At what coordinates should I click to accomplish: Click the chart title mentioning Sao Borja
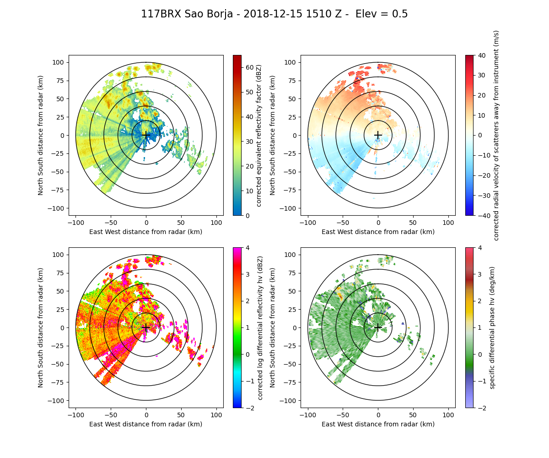274,14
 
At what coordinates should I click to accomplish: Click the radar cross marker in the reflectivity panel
146,135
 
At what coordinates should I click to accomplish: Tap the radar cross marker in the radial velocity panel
378,135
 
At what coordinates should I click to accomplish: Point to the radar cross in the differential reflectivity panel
146,327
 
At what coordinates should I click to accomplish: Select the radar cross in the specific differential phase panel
378,327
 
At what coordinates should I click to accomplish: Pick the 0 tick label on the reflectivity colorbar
247,215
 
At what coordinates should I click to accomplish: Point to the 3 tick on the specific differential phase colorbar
479,274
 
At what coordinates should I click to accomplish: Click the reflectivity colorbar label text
259,135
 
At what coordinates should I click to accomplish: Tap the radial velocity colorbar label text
496,135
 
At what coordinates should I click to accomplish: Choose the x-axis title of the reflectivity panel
146,232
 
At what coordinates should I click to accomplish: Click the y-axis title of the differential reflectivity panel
41,327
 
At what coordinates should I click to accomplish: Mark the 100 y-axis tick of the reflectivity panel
60,62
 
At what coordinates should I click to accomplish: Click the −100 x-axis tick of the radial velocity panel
308,223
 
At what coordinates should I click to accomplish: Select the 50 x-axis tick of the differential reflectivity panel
181,415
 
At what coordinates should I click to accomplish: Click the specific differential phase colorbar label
493,327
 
